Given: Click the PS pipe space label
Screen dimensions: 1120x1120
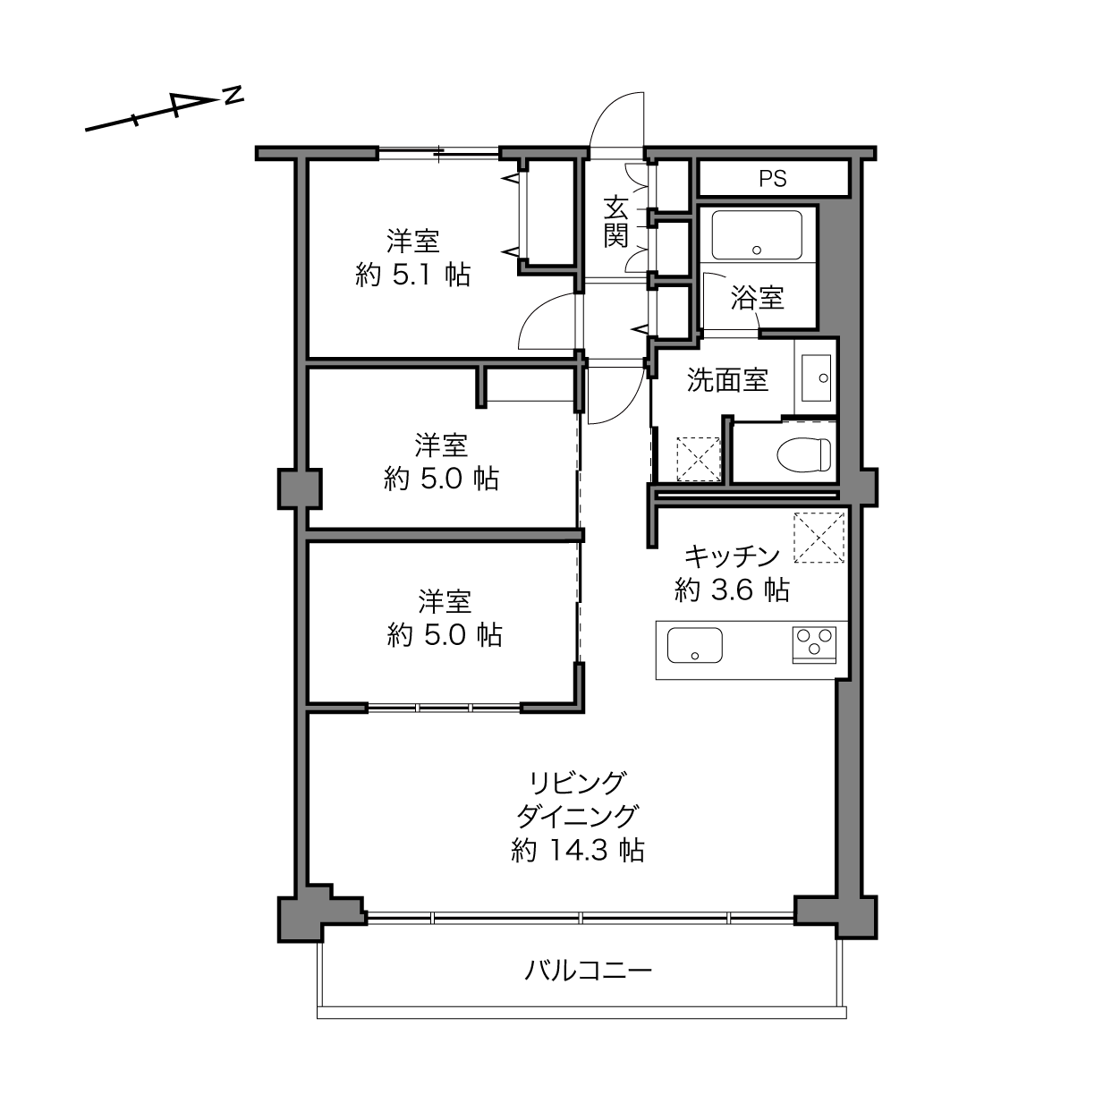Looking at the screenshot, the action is pos(772,178).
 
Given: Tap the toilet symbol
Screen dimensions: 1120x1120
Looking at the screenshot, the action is pos(804,454).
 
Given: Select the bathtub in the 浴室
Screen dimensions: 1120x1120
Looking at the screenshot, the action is pos(757,234).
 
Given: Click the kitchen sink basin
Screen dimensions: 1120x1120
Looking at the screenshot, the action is pos(694,645).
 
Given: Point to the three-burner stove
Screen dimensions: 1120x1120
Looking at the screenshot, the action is pos(814,645).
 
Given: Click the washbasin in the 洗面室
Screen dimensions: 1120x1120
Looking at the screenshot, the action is pos(816,378).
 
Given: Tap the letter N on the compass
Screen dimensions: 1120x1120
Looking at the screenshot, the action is pos(233,96).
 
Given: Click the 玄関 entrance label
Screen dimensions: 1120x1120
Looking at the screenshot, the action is pos(615,222).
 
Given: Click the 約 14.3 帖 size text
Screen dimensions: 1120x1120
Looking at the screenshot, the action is pos(578,851).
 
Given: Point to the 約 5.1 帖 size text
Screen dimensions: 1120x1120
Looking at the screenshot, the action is pos(412,275).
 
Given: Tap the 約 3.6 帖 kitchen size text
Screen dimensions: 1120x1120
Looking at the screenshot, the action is pos(732,590).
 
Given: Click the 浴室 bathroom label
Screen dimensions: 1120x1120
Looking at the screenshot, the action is pos(758,298).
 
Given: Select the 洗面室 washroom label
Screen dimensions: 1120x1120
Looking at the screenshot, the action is pos(727,380).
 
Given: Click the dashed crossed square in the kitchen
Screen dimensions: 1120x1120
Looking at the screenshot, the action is pos(819,538).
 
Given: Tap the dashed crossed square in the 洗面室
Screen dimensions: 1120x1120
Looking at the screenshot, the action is pos(699,459).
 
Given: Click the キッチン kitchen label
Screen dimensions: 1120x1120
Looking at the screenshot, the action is pos(732,556).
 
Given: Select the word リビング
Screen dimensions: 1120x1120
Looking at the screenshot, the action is pos(578,783).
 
